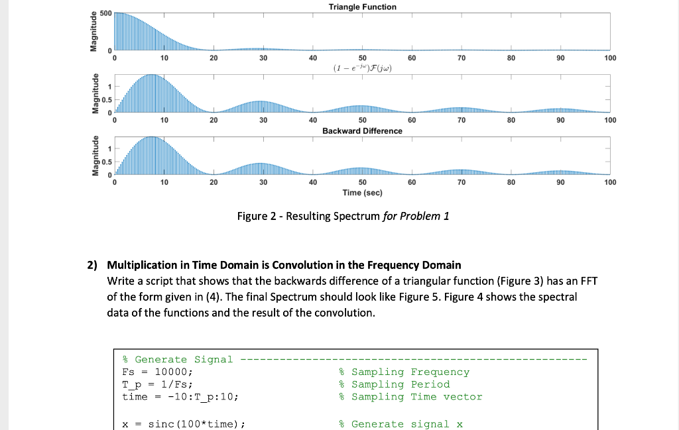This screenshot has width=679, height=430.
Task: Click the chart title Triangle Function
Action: coord(362,7)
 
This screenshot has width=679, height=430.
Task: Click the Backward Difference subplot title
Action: coord(362,131)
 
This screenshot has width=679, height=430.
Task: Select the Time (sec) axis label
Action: coord(362,192)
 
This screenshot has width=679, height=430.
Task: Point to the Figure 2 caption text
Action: coord(343,216)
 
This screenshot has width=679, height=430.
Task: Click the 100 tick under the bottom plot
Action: coord(610,182)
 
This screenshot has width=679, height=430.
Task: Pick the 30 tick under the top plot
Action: coord(263,58)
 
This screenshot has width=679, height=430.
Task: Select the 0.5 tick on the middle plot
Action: coord(106,99)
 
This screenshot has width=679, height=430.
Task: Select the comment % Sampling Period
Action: coord(394,384)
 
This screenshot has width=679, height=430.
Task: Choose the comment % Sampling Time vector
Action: coord(410,396)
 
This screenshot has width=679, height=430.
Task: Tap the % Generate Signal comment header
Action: coord(178,359)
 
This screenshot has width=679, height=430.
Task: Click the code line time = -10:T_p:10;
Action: coord(180,396)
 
